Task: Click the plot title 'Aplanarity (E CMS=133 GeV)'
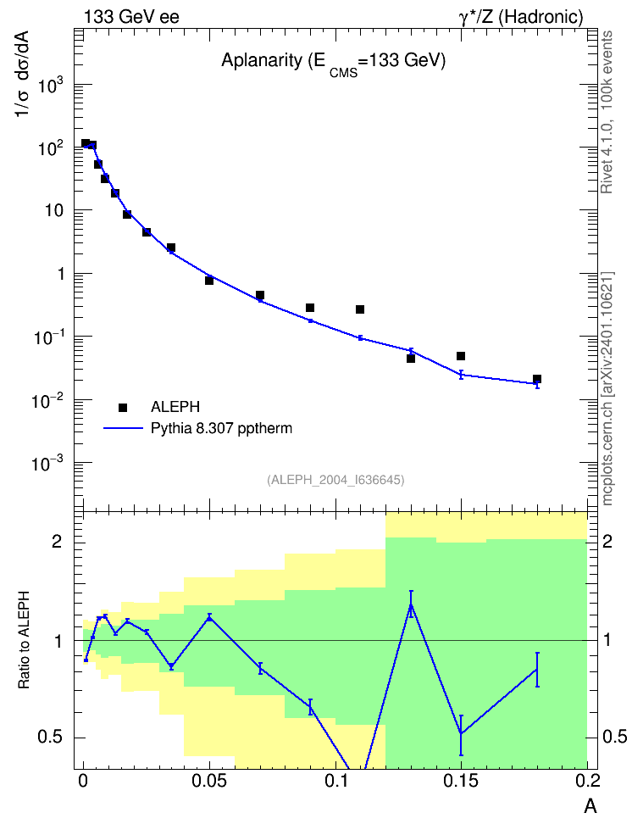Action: tap(333, 63)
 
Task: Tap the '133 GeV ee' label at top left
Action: tap(131, 17)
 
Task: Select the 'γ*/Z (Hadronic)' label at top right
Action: tap(521, 17)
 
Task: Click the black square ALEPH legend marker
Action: tap(123, 407)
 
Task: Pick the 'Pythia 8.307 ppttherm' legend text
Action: tap(221, 429)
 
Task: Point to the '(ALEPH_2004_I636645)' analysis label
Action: tap(335, 480)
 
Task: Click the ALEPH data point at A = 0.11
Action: tap(360, 309)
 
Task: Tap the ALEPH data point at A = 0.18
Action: tap(537, 379)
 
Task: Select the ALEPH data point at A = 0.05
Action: tap(209, 281)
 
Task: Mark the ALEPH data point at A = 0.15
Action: tap(461, 356)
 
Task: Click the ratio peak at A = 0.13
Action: tap(411, 605)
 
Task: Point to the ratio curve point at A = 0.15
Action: tap(461, 733)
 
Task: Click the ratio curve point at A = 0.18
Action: tap(537, 669)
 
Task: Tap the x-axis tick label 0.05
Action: tap(209, 781)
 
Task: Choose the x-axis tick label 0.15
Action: tap(461, 781)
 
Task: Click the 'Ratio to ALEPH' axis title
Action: tap(25, 640)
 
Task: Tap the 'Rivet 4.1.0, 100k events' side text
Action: tap(607, 112)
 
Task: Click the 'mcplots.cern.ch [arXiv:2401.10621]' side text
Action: tap(607, 389)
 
